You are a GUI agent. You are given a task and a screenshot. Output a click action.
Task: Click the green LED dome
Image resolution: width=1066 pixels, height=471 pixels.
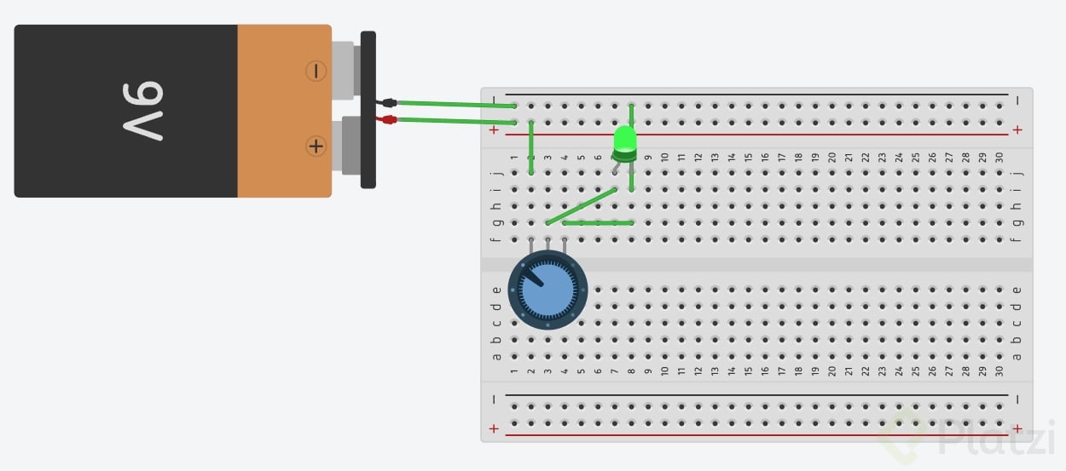coord(625,139)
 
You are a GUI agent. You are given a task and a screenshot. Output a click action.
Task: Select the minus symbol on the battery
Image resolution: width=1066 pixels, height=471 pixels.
coord(316,72)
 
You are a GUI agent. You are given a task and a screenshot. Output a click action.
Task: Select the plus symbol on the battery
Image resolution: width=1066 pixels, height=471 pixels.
coord(316,146)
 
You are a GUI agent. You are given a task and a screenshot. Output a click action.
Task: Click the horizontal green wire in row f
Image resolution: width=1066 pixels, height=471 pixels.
coord(598,223)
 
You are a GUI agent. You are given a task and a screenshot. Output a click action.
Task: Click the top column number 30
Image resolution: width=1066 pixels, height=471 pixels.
coord(999,158)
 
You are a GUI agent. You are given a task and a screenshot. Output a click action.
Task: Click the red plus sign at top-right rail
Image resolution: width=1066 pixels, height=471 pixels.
coord(1017,130)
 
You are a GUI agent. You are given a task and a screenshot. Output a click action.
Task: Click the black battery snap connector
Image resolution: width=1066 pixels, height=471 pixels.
coord(368,109)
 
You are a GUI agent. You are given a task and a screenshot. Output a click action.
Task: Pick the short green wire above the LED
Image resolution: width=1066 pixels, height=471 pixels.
coord(631,114)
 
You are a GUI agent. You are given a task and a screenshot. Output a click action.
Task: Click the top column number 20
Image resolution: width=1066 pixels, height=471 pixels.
coord(831,158)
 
